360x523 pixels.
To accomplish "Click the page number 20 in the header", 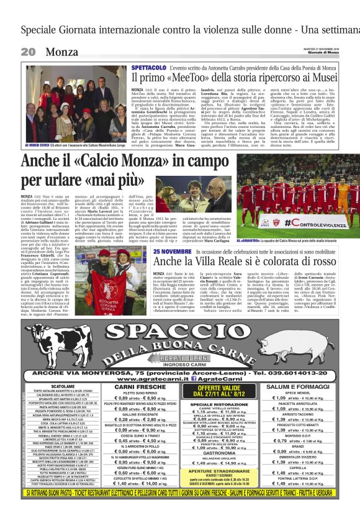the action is [x=29, y=52].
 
